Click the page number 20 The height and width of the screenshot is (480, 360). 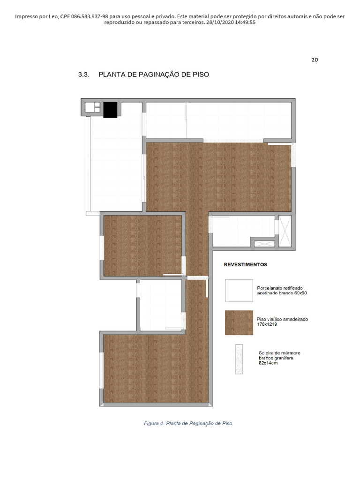[x=315, y=60]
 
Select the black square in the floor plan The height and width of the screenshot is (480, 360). [x=110, y=110]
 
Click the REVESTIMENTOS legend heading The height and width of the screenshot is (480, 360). [x=246, y=264]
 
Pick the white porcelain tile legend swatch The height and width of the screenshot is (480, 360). [x=239, y=291]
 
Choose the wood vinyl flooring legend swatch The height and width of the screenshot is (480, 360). [x=239, y=322]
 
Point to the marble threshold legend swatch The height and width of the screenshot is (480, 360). [x=240, y=360]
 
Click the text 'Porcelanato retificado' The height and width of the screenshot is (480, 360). [x=280, y=288]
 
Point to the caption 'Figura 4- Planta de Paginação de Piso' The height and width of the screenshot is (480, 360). [x=188, y=423]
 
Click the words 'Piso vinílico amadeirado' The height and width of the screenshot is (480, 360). [x=282, y=319]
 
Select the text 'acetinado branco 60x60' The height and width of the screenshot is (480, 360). [x=282, y=293]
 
